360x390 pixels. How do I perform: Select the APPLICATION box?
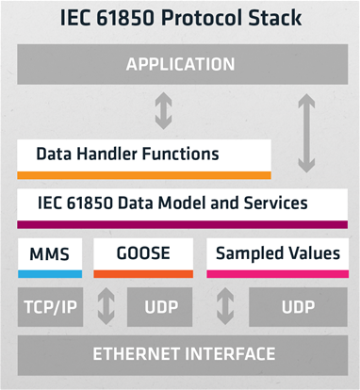[x=179, y=65]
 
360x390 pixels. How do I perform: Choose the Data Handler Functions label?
[x=128, y=153]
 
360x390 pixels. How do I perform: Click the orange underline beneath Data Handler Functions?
[x=144, y=174]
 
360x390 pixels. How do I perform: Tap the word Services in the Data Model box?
[x=276, y=202]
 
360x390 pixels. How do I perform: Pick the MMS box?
[x=50, y=253]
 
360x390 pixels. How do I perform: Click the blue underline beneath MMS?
[x=50, y=274]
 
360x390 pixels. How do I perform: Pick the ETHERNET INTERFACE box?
[x=179, y=354]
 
